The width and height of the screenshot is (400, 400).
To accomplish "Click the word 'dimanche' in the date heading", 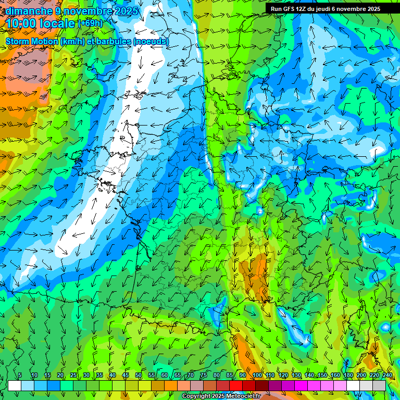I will (x=29, y=11).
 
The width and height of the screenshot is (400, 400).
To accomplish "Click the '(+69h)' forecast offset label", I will (x=91, y=23).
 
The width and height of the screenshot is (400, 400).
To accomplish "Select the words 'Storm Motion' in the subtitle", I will (x=32, y=42).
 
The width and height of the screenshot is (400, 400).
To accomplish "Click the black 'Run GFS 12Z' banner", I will (x=332, y=9).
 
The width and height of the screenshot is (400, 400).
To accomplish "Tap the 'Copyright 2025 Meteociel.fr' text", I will (x=221, y=396).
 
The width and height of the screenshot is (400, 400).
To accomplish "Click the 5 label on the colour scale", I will (x=20, y=376).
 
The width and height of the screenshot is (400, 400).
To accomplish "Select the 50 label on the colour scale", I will (x=139, y=376).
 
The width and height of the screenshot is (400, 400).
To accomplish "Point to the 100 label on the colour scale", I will (x=257, y=376).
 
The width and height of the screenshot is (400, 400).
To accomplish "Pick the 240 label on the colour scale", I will (x=387, y=376).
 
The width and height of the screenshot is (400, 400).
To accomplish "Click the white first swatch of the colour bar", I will (x=15, y=385).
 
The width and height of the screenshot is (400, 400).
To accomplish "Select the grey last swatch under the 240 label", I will (x=379, y=385).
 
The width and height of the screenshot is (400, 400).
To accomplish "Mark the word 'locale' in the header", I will (x=59, y=24).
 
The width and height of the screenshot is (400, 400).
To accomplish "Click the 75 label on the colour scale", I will (x=204, y=376).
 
